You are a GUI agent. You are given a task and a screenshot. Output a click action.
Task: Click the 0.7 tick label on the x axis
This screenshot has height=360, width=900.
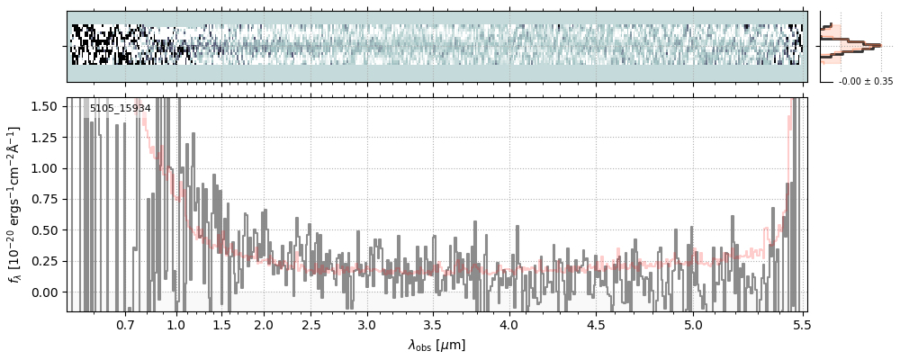(x=125, y=324)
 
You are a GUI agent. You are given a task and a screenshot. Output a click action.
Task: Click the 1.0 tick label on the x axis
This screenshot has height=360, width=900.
(x=176, y=324)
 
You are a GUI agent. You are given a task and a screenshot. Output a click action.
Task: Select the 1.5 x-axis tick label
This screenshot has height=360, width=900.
(x=221, y=324)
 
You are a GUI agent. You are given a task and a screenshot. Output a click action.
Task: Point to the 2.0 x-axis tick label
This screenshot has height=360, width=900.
(x=264, y=324)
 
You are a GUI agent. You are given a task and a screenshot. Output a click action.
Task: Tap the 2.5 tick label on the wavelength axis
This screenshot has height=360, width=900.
(x=311, y=324)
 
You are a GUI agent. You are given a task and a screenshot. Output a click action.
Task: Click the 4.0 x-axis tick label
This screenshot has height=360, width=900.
(x=509, y=324)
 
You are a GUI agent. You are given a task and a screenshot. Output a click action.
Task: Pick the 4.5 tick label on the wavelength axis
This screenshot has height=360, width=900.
(x=596, y=324)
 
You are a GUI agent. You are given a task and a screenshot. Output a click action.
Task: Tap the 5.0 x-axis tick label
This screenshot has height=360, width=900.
(x=693, y=324)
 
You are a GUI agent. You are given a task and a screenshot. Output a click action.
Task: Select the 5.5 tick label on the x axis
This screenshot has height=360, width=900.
(x=798, y=324)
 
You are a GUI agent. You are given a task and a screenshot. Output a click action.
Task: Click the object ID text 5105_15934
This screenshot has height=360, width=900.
(x=120, y=108)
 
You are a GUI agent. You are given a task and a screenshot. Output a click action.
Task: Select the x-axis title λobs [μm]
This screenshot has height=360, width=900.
(x=436, y=345)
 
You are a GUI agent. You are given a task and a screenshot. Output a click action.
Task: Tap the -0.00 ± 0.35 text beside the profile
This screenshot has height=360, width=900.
(x=865, y=81)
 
